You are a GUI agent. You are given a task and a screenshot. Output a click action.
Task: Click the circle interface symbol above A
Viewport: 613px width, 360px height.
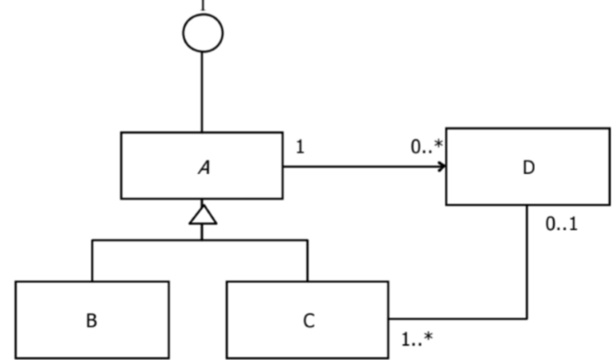[202, 33]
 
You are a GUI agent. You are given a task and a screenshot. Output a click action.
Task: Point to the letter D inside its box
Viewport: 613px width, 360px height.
[527, 168]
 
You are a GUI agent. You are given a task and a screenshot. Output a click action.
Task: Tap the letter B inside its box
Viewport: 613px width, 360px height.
[91, 321]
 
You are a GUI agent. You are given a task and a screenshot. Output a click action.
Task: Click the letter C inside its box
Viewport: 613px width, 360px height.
[309, 321]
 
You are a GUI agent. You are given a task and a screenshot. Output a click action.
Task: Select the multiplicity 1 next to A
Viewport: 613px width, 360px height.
[300, 148]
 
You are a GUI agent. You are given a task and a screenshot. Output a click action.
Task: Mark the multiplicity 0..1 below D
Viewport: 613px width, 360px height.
[561, 224]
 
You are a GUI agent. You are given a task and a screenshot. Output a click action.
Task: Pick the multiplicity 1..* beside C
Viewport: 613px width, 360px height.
[417, 339]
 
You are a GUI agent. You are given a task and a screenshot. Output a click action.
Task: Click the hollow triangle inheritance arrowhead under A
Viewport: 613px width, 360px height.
[202, 215]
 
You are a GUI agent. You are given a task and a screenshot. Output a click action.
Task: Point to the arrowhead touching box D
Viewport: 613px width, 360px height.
[441, 167]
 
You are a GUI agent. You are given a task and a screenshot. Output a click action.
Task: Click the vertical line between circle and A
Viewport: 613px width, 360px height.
[202, 92]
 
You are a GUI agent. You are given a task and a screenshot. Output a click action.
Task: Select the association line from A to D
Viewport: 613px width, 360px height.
[361, 167]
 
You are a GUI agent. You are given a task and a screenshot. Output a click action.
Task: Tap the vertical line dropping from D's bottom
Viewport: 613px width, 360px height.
[526, 265]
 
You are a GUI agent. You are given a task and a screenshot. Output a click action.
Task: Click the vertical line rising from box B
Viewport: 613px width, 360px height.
[92, 261]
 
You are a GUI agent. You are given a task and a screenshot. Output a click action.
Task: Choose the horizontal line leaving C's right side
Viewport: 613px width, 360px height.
[457, 318]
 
